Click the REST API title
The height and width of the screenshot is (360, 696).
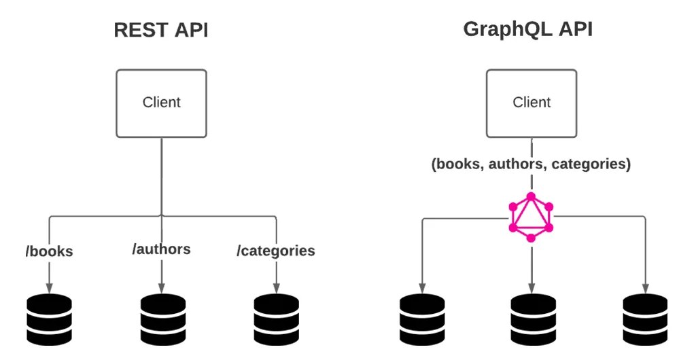tap(160, 30)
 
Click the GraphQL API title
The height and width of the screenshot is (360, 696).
tap(528, 29)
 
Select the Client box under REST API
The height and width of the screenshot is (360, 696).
tap(161, 103)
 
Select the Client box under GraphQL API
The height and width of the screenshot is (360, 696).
tap(532, 103)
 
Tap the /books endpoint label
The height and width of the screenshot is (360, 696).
tap(49, 251)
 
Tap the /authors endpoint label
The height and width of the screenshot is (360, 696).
tap(161, 249)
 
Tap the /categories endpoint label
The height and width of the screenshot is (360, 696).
tap(275, 251)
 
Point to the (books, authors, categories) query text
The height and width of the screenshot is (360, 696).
tap(531, 164)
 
